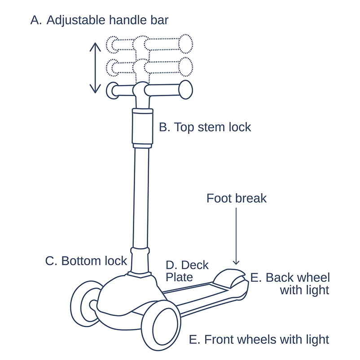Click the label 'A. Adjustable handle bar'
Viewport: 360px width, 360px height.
99,20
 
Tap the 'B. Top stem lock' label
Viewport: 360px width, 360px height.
205,127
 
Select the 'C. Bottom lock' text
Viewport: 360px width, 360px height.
86,261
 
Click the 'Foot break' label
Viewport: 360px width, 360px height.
237,198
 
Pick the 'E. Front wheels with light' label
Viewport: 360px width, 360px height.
259,339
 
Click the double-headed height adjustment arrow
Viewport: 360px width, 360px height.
94,67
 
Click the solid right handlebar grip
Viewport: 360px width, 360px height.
186,90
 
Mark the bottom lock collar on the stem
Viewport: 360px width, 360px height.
139,260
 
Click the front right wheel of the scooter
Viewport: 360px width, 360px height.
160,325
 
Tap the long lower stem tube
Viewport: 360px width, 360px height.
141,198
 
